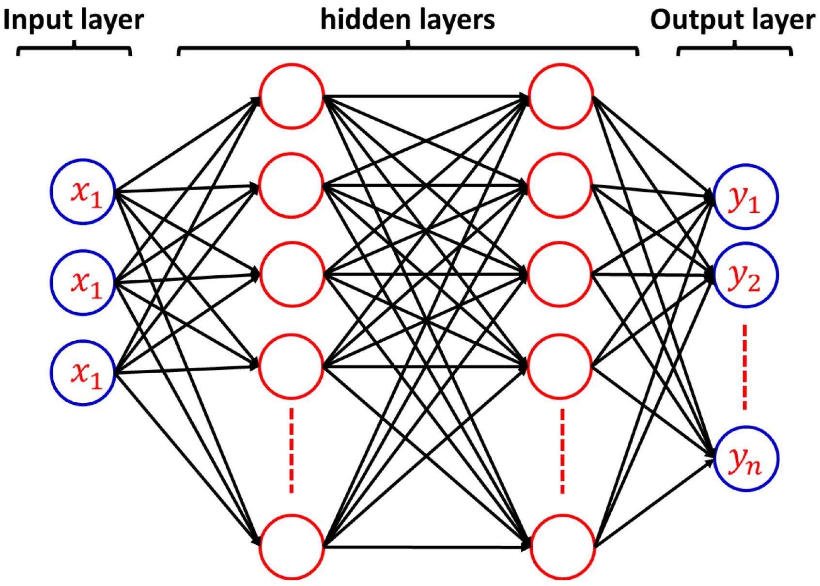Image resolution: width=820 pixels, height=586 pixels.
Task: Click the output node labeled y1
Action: click(745, 197)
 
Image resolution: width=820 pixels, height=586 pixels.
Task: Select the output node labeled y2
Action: click(745, 275)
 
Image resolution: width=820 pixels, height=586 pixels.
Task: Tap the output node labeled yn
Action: click(745, 459)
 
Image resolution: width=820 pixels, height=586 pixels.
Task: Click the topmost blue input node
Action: click(83, 191)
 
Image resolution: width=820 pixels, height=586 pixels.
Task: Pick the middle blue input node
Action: click(83, 282)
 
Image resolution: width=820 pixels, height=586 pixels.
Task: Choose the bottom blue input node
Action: click(83, 372)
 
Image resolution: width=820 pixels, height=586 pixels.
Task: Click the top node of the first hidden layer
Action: click(291, 96)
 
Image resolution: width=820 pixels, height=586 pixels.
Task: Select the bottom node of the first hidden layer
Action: click(291, 547)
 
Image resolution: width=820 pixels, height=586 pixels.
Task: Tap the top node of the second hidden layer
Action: click(561, 96)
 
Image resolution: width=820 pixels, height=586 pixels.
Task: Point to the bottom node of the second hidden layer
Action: click(562, 547)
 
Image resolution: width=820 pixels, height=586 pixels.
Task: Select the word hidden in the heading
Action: click(360, 20)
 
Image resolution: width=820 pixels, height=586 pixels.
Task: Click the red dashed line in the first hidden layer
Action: click(291, 451)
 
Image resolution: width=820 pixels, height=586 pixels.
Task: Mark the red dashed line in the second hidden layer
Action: click(562, 451)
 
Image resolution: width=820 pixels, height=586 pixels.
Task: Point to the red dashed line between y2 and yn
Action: click(744, 367)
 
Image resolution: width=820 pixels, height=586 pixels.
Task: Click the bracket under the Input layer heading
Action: click(74, 49)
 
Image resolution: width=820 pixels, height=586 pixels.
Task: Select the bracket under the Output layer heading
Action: click(735, 49)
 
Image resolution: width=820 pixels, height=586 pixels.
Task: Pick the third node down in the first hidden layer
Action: click(291, 275)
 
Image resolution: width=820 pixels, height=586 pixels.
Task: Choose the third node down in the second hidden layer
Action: click(560, 275)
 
